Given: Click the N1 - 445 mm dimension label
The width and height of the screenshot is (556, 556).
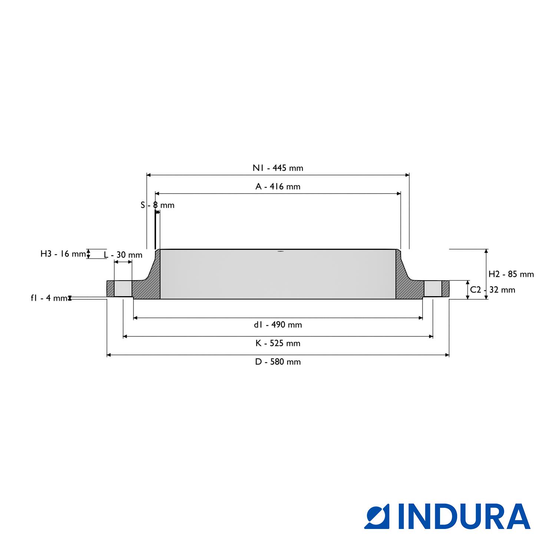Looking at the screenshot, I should [278, 168].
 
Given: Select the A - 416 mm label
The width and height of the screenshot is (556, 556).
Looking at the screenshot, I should [278, 186].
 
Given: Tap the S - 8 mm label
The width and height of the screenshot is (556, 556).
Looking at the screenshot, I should [157, 205].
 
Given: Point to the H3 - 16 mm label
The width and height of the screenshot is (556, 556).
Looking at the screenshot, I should [63, 254].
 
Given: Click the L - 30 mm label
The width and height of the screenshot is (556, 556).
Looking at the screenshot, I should [123, 255].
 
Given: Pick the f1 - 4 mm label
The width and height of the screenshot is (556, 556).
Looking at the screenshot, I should [49, 298].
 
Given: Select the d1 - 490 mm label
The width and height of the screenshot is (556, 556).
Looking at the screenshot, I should [278, 325].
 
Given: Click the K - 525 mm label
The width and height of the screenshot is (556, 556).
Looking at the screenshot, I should [278, 343].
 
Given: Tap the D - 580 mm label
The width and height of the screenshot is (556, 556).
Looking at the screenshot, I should [278, 362].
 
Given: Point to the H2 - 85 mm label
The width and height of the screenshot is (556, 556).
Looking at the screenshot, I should [511, 274].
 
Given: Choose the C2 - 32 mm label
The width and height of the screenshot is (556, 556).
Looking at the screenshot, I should [492, 290].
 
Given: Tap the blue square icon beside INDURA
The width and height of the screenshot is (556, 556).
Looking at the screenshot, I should [377, 516].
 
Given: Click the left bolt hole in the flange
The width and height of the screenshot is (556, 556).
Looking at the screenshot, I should [123, 288].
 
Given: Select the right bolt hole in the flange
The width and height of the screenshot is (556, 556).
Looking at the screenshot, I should [433, 288].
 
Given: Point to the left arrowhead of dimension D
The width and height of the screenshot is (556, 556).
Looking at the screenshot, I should [109, 355].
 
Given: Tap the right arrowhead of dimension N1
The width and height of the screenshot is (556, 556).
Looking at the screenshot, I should [407, 175].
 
